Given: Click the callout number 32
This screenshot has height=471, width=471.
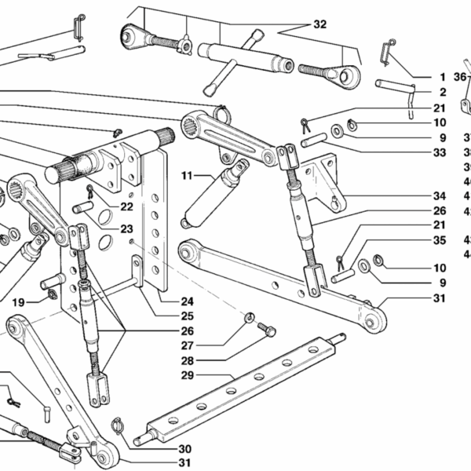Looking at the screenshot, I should (x=319, y=24).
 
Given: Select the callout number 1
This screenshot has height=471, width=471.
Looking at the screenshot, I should (x=441, y=78).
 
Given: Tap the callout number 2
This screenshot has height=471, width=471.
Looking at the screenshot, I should (x=441, y=93).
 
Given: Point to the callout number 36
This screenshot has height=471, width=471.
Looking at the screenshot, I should (x=460, y=77).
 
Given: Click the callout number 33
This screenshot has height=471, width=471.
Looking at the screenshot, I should (x=439, y=152).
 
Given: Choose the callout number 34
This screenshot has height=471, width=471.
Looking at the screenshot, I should (x=439, y=195).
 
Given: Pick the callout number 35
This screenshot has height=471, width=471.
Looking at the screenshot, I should (x=439, y=240).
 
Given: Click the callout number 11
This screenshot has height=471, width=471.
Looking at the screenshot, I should (x=187, y=174).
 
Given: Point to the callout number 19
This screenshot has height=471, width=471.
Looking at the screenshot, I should (x=18, y=301).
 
